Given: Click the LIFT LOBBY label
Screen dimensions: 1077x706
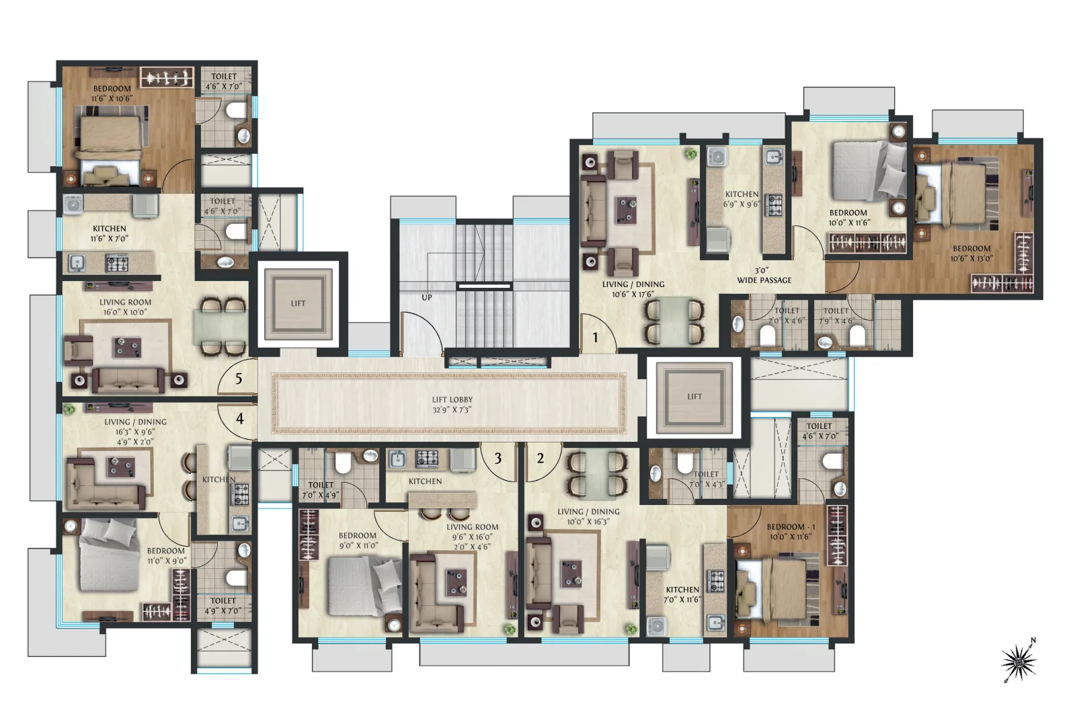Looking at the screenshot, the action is click(x=452, y=399).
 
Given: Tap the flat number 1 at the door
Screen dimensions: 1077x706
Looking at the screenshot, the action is click(x=595, y=338).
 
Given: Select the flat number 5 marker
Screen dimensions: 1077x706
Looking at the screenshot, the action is click(x=239, y=379).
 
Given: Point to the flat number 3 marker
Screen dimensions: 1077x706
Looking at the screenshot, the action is click(x=498, y=459).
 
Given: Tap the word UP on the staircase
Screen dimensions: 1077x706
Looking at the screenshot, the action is click(x=426, y=298).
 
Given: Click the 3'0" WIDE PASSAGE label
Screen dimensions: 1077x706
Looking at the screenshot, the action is click(x=764, y=275).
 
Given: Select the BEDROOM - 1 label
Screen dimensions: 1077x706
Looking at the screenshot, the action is click(x=791, y=526).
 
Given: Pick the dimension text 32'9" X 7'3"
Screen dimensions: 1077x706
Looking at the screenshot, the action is click(x=452, y=409).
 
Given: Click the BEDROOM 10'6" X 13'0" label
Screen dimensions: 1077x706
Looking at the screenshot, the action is click(x=971, y=253).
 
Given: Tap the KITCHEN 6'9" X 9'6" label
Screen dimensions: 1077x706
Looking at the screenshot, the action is click(x=742, y=199).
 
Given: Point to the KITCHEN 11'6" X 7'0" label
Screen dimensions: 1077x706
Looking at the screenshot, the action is click(x=110, y=233).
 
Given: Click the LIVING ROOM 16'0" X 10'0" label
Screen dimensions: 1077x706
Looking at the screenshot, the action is click(x=125, y=307).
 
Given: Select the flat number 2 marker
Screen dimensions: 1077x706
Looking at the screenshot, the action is click(x=541, y=459).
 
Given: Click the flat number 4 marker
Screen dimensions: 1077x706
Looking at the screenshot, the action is click(x=239, y=419).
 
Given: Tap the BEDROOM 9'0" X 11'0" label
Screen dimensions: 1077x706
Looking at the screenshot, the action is click(x=358, y=541).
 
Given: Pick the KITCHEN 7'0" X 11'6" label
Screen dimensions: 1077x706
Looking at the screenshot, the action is click(x=682, y=594).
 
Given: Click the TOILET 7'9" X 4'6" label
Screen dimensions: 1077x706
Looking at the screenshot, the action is click(x=836, y=315).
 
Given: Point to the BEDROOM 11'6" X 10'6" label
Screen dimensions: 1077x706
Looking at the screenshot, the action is click(x=112, y=93).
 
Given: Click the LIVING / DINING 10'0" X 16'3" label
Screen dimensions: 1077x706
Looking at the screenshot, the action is click(x=588, y=516).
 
